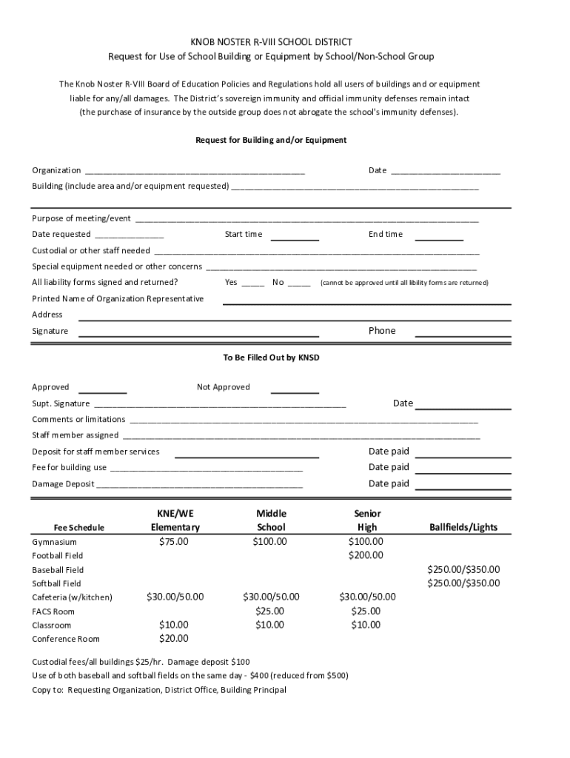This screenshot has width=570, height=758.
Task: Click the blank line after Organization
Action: coord(195,172)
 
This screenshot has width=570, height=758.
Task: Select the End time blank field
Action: coord(439,236)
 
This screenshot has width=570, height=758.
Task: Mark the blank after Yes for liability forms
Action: coord(252,284)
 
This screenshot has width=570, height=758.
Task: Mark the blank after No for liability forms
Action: coord(299,284)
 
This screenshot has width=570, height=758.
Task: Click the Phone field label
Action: coord(382,331)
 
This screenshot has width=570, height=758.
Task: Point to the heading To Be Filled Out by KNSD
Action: coord(271,358)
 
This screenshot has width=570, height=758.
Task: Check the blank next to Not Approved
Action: coord(295,389)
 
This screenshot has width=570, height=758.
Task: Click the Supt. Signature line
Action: coord(220,405)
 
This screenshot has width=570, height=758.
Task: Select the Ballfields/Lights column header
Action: coord(463,528)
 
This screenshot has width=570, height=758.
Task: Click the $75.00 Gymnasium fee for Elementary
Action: coord(174,542)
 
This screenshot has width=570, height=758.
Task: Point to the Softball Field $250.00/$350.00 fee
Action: coord(463,583)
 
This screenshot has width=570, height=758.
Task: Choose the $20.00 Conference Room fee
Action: coord(174,639)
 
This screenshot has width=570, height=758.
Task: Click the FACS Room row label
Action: coord(53,611)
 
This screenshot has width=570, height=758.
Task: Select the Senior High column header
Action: coord(366,520)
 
